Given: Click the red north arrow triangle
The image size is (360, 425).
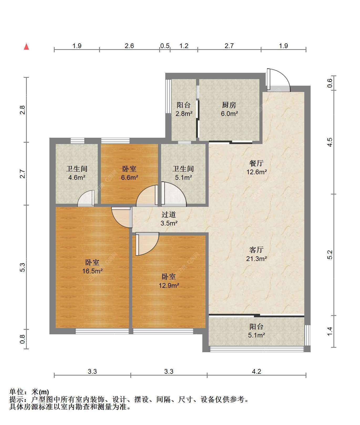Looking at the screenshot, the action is coord(26,47).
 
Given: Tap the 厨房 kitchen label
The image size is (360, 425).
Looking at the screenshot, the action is coord(229,105).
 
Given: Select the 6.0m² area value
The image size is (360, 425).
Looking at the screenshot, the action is coord(229,114).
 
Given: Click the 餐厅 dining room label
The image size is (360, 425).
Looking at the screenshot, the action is coord(256,163).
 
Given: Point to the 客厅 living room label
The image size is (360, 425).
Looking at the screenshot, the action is coord(256,250).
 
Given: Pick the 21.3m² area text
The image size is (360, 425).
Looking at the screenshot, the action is coord(256,259).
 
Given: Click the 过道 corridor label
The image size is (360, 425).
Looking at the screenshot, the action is coord(168,215).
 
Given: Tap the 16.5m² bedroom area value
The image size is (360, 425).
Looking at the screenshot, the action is coord(92,271).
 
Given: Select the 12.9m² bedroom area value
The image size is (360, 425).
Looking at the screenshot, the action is coord(169,285).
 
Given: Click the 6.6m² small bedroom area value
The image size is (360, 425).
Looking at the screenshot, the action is coord(130,177).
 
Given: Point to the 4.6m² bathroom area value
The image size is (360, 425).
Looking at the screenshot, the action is coord(77,177).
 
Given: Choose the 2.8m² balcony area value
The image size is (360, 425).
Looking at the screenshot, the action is coord(184,114).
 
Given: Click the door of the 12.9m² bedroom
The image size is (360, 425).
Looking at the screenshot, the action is coord(147,244).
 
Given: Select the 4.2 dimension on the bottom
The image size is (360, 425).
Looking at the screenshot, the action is coord(256,371).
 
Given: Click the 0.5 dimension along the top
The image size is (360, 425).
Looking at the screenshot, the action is coord(165,46).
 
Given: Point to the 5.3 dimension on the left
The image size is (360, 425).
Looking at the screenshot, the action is coord(23,267).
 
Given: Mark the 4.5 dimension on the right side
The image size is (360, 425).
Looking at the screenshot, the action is coord(330,142).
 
